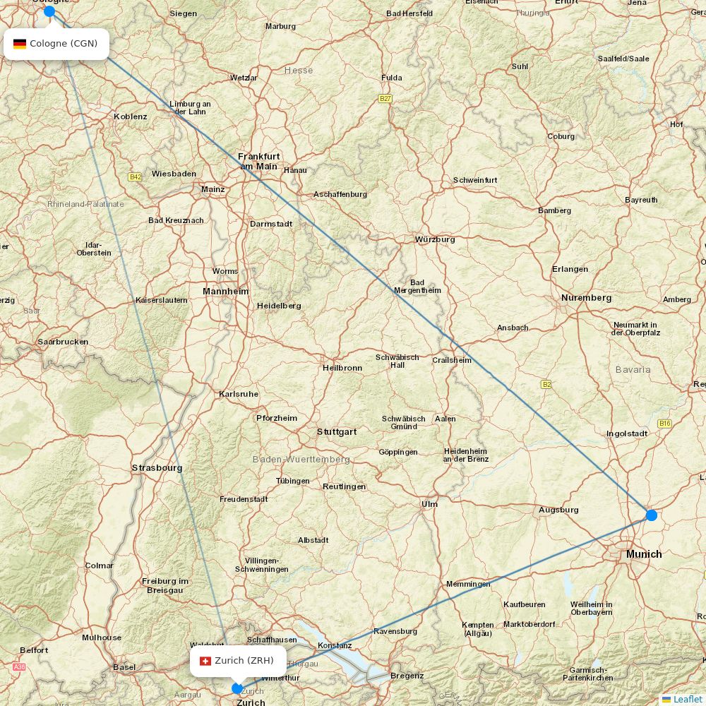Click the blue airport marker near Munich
tap(651, 515)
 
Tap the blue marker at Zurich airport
tap(237, 688)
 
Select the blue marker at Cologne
tap(49, 11)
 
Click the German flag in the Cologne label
tap(20, 44)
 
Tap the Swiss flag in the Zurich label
tap(205, 661)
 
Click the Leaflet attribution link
tap(687, 699)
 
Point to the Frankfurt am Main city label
tap(259, 161)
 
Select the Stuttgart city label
tap(337, 431)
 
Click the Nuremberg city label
tap(586, 298)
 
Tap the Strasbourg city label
tap(157, 467)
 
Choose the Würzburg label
tap(435, 239)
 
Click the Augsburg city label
tap(558, 510)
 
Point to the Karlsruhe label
tap(239, 394)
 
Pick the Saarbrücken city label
tap(63, 342)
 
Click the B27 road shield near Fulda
tap(385, 99)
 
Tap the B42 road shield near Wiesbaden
tap(135, 176)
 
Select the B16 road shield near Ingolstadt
tap(664, 423)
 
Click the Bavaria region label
tap(633, 369)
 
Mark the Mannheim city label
tap(226, 291)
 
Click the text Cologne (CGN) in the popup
tap(64, 44)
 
